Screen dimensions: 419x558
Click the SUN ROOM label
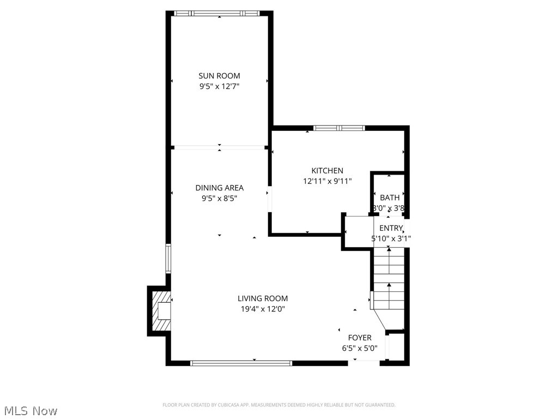(x=219, y=76)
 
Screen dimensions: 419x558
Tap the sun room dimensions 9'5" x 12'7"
(x=219, y=86)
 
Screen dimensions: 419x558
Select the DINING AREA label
(x=219, y=188)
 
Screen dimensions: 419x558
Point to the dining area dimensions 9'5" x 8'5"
(x=219, y=198)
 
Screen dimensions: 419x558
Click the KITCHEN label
(x=327, y=171)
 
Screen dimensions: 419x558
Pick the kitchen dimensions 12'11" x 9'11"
(x=327, y=181)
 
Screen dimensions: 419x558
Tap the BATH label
(x=390, y=197)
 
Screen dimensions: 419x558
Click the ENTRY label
(x=391, y=228)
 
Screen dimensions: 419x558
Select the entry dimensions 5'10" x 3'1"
(x=391, y=238)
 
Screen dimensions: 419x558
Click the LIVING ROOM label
(x=263, y=298)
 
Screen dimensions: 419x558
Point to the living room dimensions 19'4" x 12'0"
(x=263, y=309)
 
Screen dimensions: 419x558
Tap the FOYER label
(x=360, y=338)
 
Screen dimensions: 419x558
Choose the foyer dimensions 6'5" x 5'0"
(x=360, y=348)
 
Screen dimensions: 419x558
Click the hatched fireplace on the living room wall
(x=159, y=311)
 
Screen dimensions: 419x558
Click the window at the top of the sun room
(x=219, y=13)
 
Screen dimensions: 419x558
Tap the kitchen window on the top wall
(x=339, y=128)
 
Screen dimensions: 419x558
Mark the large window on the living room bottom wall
(x=241, y=362)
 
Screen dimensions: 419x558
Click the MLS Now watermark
(x=31, y=410)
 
